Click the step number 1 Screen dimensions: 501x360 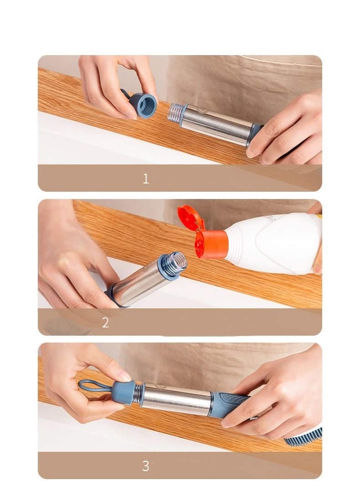(x=145, y=179)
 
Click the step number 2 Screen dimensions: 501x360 (x=105, y=322)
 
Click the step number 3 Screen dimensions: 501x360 (x=145, y=466)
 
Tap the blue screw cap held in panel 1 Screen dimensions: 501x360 (x=145, y=105)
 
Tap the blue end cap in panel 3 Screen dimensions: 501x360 (x=123, y=393)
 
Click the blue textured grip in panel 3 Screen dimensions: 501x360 (x=230, y=404)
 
